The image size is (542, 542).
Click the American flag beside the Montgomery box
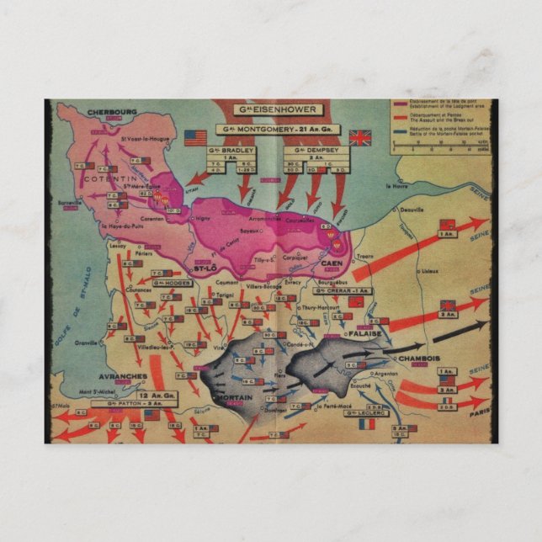pos(195,137)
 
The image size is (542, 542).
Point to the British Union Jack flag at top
pos(360,137)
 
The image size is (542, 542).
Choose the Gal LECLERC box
pos(363,412)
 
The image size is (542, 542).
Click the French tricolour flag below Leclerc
pos(366,425)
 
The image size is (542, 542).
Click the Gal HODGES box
pos(174,283)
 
